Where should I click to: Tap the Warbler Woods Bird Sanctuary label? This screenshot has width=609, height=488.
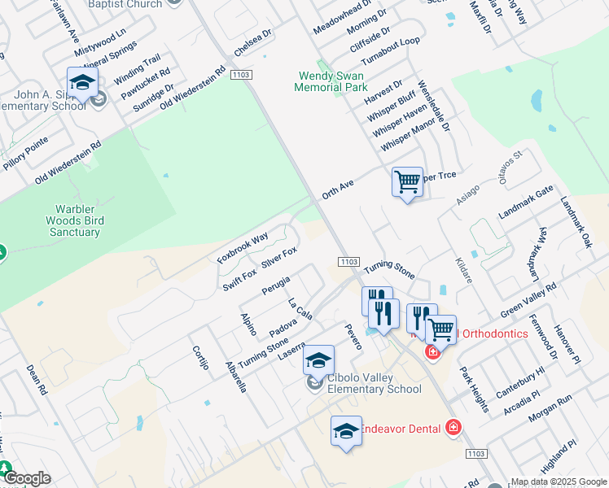point(73,220)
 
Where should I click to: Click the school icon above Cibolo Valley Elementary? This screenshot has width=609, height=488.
point(319,359)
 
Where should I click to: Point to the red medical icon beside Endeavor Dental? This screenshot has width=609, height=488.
point(453,428)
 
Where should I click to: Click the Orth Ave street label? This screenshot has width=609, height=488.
point(338,190)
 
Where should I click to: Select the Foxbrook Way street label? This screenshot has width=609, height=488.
point(243,248)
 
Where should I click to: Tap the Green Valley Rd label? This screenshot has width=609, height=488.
point(528,299)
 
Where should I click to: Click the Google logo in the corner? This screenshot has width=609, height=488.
point(26,478)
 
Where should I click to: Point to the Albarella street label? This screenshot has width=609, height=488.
point(232,376)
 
